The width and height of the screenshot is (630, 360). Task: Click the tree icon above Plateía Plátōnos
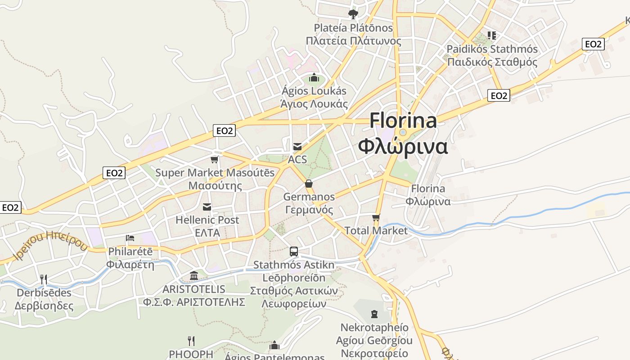click(x=353, y=14)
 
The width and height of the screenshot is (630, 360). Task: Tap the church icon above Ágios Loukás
click(x=314, y=78)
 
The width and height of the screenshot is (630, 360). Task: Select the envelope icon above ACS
click(x=297, y=146)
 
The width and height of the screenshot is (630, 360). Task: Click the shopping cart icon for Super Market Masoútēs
click(x=215, y=159)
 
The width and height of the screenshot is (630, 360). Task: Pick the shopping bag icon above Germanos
click(x=309, y=184)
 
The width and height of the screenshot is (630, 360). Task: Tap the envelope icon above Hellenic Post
click(x=207, y=207)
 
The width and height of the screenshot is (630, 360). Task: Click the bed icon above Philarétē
click(x=130, y=238)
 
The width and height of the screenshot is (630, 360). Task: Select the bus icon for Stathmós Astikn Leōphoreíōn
click(x=294, y=252)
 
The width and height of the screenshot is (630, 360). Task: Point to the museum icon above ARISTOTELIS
click(x=194, y=275)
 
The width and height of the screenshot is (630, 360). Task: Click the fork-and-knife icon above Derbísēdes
click(x=44, y=279)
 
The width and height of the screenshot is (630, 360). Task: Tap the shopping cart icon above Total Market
click(x=376, y=218)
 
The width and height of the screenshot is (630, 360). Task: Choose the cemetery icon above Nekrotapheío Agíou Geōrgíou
click(x=374, y=314)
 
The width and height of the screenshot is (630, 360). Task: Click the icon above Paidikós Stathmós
click(x=492, y=35)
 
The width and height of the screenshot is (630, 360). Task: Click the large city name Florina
click(x=403, y=121)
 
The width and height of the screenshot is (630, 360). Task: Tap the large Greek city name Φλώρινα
click(x=403, y=146)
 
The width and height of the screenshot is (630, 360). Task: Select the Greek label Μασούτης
click(x=215, y=186)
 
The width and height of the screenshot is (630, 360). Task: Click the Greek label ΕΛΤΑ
click(x=207, y=233)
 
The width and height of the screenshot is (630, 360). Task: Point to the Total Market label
click(x=376, y=231)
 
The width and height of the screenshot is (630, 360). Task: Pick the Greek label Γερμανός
click(x=309, y=210)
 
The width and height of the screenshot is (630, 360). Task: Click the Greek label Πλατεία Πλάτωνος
click(x=353, y=41)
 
